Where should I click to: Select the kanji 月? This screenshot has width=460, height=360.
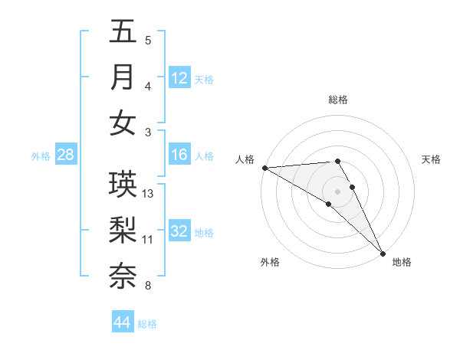coord(123,77)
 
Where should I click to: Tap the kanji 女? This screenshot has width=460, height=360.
coord(123,123)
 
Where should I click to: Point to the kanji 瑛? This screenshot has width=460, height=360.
coord(123,184)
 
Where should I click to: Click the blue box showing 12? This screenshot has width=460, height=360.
coord(179,77)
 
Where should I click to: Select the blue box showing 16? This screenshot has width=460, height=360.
coord(179,155)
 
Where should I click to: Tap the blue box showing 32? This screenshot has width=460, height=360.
coord(179,232)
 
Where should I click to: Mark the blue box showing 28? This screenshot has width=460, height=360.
coord(65,155)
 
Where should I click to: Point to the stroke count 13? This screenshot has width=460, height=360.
coord(148,194)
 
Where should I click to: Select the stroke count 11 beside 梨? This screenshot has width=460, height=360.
coord(148,240)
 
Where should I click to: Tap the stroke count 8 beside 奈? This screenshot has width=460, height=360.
coord(148,286)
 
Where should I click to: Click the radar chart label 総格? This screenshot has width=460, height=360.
coord(338,100)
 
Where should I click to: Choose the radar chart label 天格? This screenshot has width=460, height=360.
coord(431,159)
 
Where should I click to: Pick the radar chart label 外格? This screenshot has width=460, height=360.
coord(270,262)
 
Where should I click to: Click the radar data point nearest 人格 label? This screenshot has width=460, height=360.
coord(264,168)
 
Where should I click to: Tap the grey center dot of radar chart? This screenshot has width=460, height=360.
coord(337,191)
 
